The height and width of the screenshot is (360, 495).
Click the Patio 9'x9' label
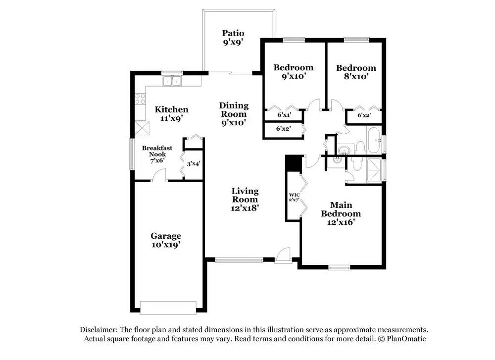pos(233,38)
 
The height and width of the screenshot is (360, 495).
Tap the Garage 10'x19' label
pos(166,240)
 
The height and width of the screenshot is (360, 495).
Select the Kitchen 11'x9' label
pos(171,114)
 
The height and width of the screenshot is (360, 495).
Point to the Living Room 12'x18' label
pos(245,199)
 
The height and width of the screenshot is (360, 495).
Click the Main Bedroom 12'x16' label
pos(341,213)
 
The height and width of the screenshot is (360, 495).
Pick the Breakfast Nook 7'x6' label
pos(157,154)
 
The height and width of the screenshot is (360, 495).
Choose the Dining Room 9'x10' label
pos(234,114)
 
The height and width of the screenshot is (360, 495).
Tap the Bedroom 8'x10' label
pos(356,72)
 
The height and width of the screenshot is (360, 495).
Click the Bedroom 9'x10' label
pos(293,72)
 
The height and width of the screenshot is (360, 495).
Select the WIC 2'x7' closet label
pos(294,198)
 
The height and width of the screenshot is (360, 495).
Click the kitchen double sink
pos(172,81)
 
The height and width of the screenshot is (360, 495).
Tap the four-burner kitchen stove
pos(140,99)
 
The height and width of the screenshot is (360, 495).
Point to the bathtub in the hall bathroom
pos(374,140)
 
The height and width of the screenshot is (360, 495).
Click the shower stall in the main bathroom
pos(375,170)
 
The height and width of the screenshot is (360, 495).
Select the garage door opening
pos(168,308)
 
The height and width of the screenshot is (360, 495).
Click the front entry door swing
pos(283,255)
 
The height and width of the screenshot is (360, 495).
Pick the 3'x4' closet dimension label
pos(194,164)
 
